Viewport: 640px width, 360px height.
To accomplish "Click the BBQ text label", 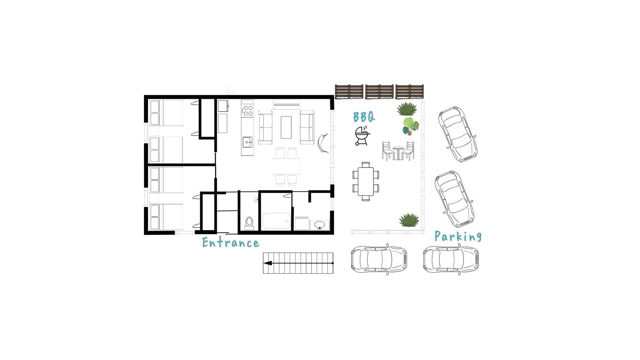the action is [x=364, y=117].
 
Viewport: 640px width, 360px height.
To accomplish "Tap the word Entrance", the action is [x=231, y=242].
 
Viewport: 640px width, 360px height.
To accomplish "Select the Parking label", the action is [x=458, y=236].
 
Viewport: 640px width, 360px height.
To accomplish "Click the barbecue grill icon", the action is [x=362, y=136].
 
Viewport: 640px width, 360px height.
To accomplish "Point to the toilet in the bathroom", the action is [x=249, y=224].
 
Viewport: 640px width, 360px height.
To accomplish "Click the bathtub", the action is [x=277, y=221].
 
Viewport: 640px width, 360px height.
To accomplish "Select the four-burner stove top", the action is [x=248, y=110].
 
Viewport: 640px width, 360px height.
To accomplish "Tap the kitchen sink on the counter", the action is [x=247, y=142].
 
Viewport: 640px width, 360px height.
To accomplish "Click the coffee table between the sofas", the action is [x=286, y=127].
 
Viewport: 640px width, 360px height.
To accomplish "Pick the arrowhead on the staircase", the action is [x=268, y=263].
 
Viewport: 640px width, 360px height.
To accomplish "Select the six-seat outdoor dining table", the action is [x=365, y=182].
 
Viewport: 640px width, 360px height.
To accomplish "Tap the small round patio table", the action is [x=398, y=152].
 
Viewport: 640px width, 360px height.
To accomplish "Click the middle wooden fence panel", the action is [x=379, y=92].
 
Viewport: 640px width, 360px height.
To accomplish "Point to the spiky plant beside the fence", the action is [x=407, y=109].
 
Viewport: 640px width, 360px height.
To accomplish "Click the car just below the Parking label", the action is [x=451, y=259].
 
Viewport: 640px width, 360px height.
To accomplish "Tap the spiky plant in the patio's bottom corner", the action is [x=409, y=220].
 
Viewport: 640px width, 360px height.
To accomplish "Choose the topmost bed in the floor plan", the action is [x=166, y=113].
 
